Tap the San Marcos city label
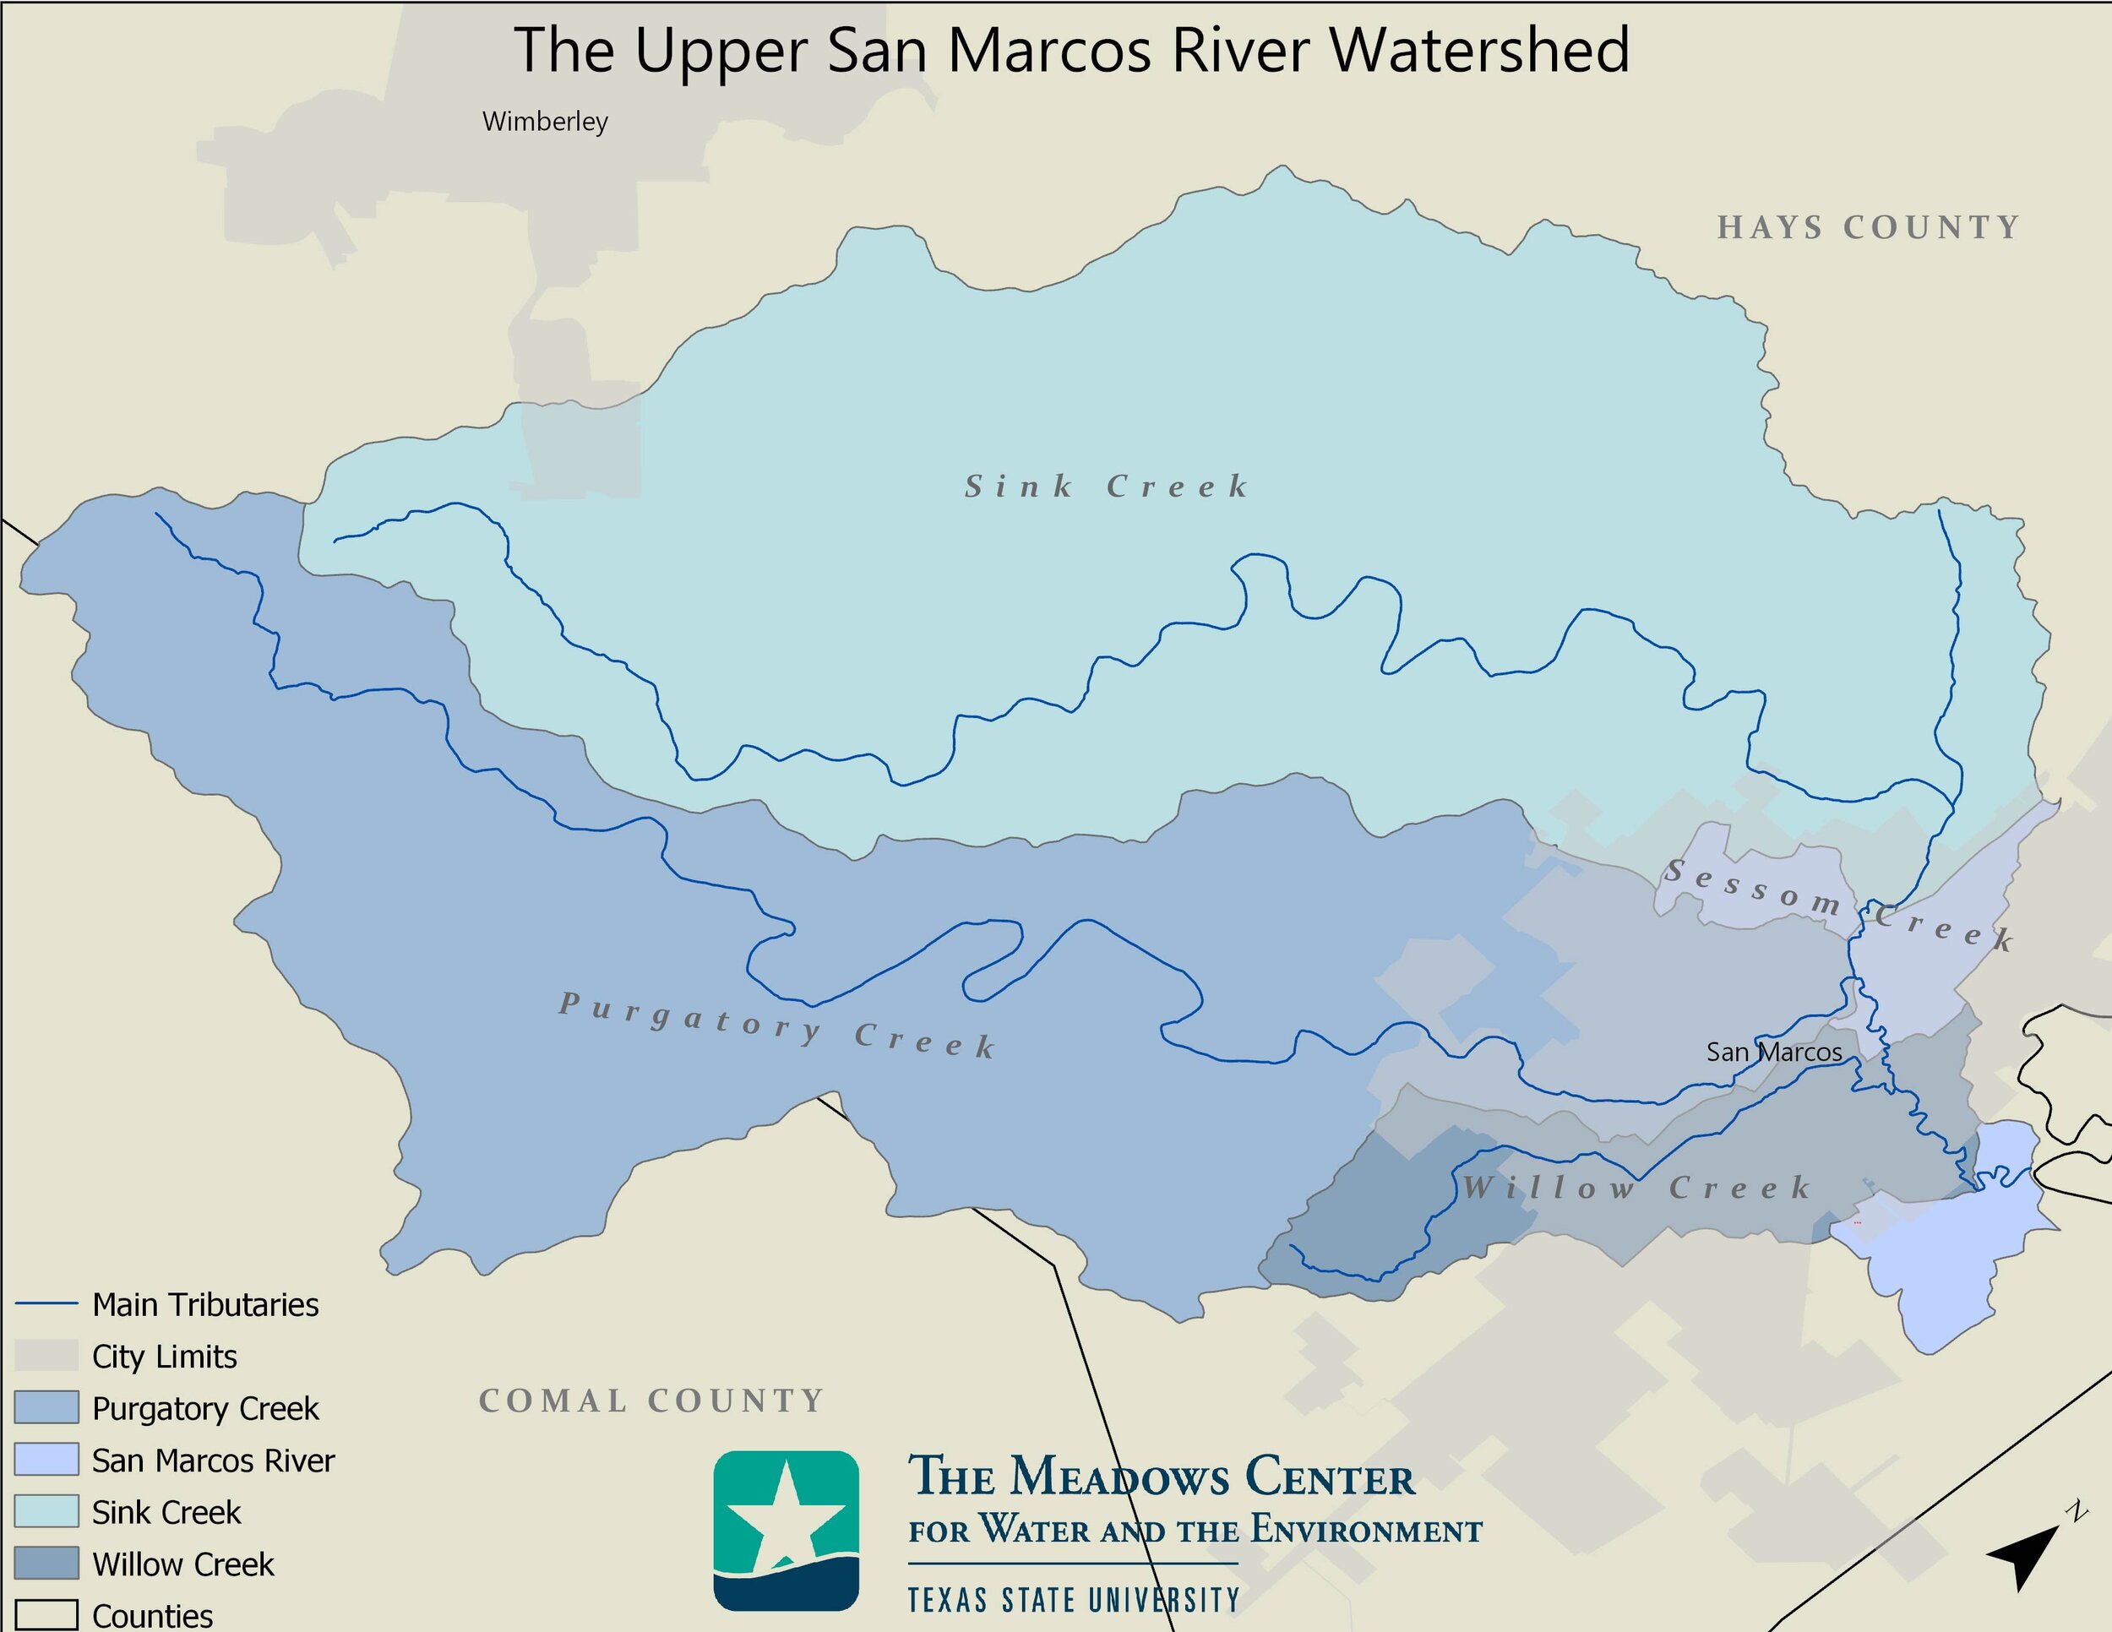tap(1773, 1052)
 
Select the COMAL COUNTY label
tap(650, 1400)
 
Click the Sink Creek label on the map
tap(1107, 487)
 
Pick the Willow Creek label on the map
tap(1636, 1188)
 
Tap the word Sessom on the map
tap(1751, 888)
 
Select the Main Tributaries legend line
tap(46, 1304)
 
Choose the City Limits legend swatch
tap(46, 1356)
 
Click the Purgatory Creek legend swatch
tap(46, 1407)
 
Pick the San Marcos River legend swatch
tap(46, 1460)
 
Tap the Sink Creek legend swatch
tap(46, 1511)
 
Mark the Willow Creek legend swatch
tap(46, 1564)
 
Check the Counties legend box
tap(46, 1613)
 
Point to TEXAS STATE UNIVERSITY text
tap(1074, 1600)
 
